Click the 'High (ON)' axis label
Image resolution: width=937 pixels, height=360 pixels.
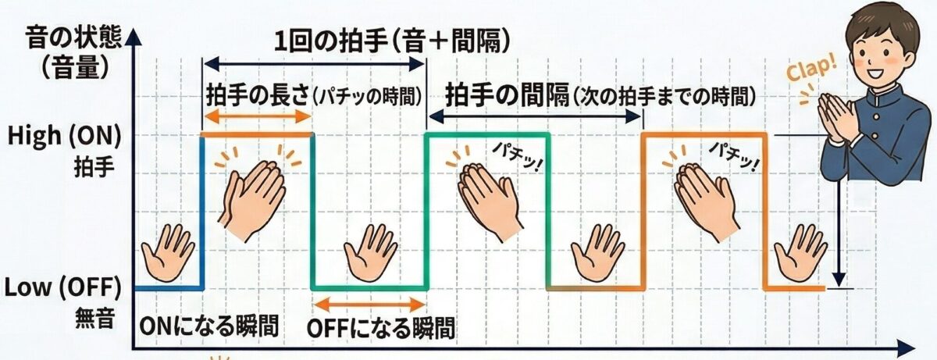tap(64, 137)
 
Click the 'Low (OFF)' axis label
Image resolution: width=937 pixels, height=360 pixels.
tap(62, 287)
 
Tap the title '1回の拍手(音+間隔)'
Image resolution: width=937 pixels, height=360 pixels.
tap(392, 42)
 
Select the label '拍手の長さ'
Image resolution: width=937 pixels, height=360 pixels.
tap(258, 96)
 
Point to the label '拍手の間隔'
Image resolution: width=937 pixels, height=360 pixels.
tap(508, 95)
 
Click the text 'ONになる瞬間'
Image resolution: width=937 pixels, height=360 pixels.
tap(208, 326)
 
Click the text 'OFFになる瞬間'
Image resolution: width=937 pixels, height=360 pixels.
tap(381, 329)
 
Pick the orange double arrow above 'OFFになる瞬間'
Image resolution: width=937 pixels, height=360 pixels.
tap(369, 305)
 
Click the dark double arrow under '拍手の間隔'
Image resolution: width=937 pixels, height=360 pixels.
tap(535, 116)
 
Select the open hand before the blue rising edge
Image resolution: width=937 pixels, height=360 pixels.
tap(168, 253)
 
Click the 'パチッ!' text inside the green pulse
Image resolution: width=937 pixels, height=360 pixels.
tap(517, 158)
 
